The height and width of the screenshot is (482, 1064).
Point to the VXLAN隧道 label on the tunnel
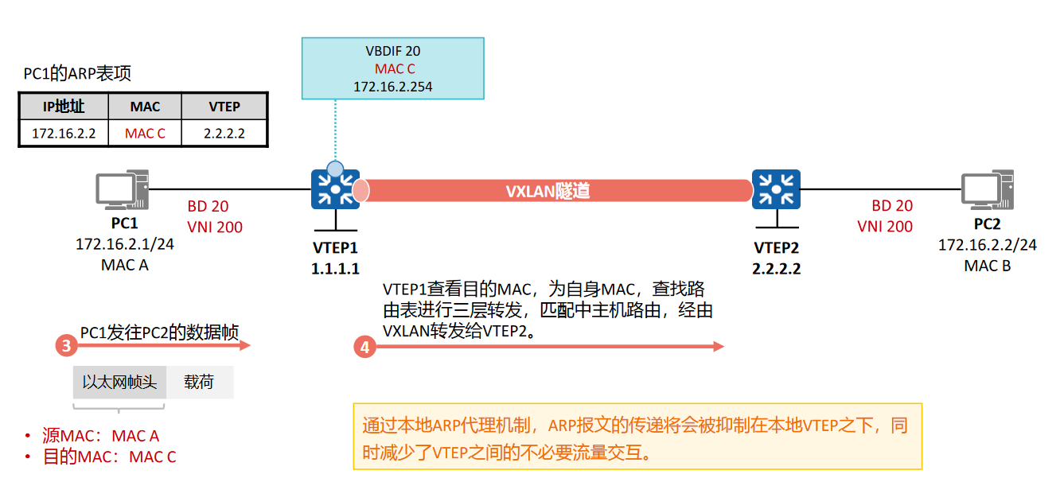pos(548,192)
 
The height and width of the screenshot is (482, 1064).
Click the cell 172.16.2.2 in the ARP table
pos(64,133)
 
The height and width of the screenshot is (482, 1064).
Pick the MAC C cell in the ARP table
pos(145,133)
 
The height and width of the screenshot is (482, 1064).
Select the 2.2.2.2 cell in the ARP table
pos(224,133)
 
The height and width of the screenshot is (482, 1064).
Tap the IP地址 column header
pos(64,107)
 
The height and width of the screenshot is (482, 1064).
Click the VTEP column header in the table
pos(224,107)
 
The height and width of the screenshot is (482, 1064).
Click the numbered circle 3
pos(67,346)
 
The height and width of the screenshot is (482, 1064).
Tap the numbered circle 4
pos(364,347)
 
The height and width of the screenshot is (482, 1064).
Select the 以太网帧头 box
pos(119,383)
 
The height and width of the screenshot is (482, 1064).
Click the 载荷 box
pos(199,383)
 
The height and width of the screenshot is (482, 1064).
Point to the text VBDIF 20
pos(393,52)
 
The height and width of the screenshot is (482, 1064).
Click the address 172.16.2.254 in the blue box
pos(393,87)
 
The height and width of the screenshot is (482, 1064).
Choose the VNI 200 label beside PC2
pos(885,227)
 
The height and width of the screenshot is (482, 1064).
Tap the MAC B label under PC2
pos(987,266)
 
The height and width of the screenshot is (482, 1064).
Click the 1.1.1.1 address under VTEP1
pos(335,269)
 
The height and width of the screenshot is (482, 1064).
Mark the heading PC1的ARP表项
pos(77,74)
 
